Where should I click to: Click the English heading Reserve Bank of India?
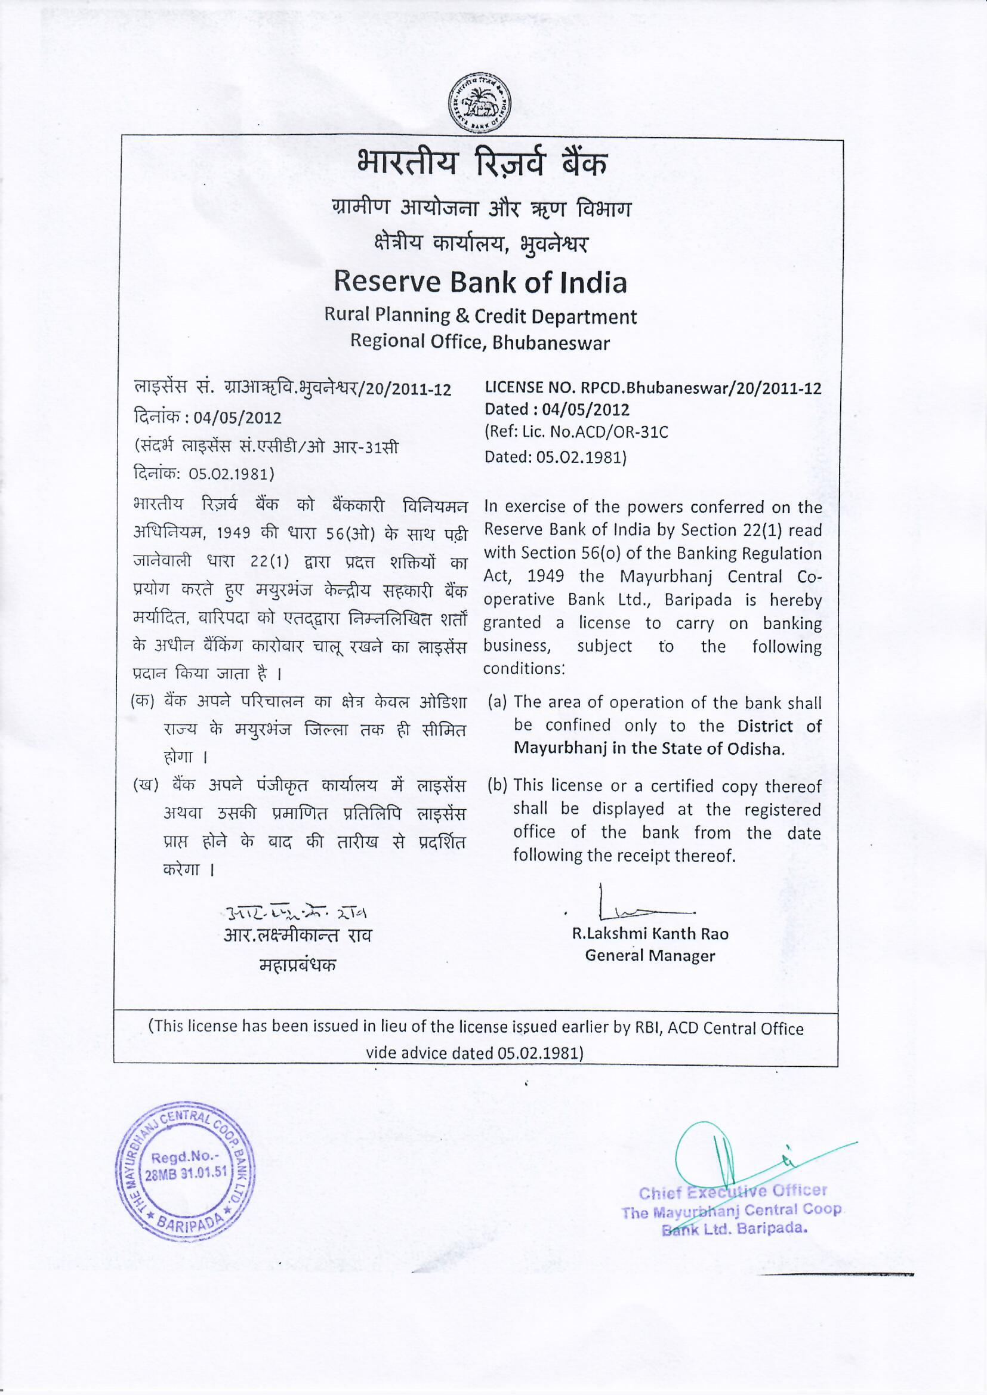click(x=480, y=283)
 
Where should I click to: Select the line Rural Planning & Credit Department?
click(x=480, y=316)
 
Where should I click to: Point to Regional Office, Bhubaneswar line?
click(x=480, y=342)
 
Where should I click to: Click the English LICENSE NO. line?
click(x=653, y=388)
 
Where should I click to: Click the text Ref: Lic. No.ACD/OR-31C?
click(x=577, y=433)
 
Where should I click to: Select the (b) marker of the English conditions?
click(x=497, y=785)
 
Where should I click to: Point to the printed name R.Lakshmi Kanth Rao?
click(x=650, y=933)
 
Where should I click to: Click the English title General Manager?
click(x=650, y=956)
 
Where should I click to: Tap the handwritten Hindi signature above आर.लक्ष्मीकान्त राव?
click(x=297, y=912)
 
